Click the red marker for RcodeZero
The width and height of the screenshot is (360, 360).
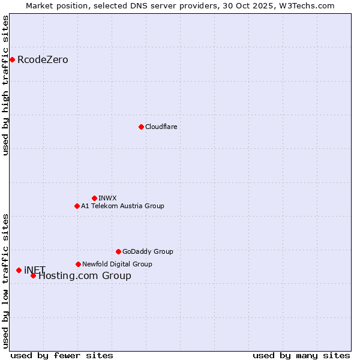12,59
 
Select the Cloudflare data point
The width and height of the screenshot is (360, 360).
141,127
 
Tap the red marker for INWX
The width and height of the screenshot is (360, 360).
94,198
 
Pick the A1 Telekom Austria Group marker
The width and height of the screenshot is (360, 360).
77,206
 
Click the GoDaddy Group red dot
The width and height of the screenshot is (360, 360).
118,251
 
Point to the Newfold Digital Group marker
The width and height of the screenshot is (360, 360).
78,264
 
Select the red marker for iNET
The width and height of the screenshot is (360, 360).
19,270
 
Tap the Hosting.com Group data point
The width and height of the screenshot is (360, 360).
33,275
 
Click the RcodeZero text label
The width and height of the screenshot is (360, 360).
43,59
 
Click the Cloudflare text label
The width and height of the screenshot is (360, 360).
161,127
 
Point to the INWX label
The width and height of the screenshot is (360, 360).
107,198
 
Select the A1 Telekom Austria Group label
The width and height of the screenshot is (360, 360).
122,206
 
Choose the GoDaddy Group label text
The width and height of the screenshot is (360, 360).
148,251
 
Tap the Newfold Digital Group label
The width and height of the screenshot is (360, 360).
117,264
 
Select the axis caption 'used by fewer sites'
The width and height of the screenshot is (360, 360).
62,355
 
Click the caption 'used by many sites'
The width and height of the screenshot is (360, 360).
301,355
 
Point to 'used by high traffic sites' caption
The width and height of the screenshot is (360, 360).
5,85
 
